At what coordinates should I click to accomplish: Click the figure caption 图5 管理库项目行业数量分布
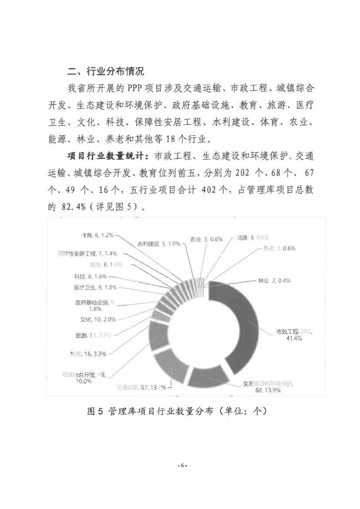176,411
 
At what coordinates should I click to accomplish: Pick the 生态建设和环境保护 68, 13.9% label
268,387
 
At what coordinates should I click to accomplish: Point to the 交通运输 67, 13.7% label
141,387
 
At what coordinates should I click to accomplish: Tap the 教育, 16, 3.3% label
88,354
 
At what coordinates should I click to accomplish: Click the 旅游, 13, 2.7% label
93,335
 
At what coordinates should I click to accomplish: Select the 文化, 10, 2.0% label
98,319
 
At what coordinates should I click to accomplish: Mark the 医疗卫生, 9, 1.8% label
95,287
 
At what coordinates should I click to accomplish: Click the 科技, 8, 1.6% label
90,276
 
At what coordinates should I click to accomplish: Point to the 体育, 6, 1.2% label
98,235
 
